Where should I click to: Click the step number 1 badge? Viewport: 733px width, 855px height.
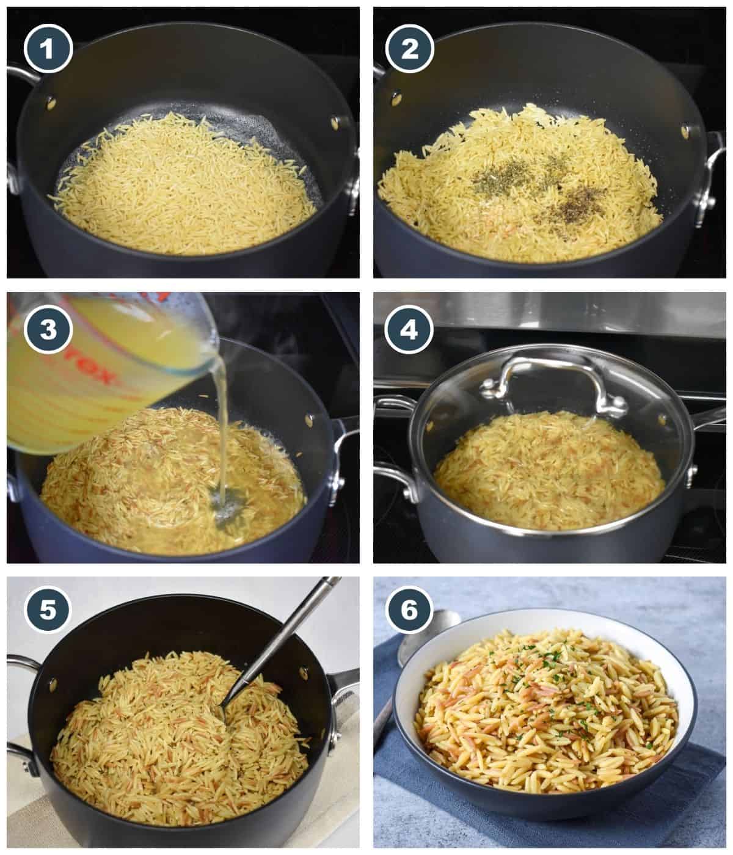pyautogui.click(x=48, y=48)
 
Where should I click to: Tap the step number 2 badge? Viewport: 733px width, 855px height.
pyautogui.click(x=410, y=48)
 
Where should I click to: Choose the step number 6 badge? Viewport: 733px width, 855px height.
pyautogui.click(x=410, y=612)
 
